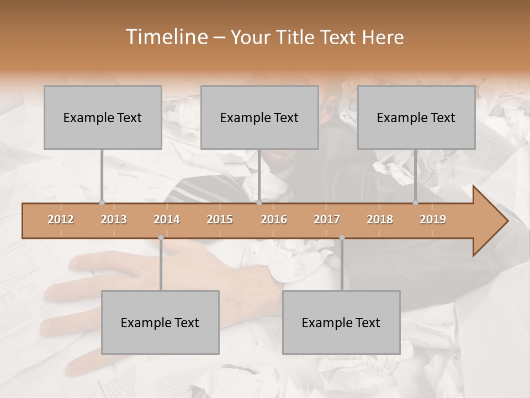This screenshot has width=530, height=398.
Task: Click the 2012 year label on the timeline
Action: [61, 219]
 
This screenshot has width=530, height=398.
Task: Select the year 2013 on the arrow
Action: [114, 219]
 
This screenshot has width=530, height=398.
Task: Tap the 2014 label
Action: [167, 219]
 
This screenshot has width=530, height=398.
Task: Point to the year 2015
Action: [220, 219]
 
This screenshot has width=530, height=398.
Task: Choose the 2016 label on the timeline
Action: [274, 219]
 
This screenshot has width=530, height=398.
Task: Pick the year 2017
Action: [327, 219]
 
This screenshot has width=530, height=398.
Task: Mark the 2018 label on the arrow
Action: [380, 219]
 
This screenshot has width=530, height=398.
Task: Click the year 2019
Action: [433, 219]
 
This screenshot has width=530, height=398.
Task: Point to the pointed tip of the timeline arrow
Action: [507, 221]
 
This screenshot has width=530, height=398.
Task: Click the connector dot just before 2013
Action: [102, 202]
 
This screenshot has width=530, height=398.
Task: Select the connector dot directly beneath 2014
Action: [161, 238]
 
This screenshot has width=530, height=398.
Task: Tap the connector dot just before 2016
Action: [259, 202]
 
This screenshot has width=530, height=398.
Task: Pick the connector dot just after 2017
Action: [342, 238]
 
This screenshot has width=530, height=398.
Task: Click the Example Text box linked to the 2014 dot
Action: [160, 322]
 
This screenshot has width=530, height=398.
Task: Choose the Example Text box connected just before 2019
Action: [416, 117]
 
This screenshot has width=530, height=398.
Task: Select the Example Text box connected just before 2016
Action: [259, 117]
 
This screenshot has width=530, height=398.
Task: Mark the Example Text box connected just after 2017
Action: [341, 322]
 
